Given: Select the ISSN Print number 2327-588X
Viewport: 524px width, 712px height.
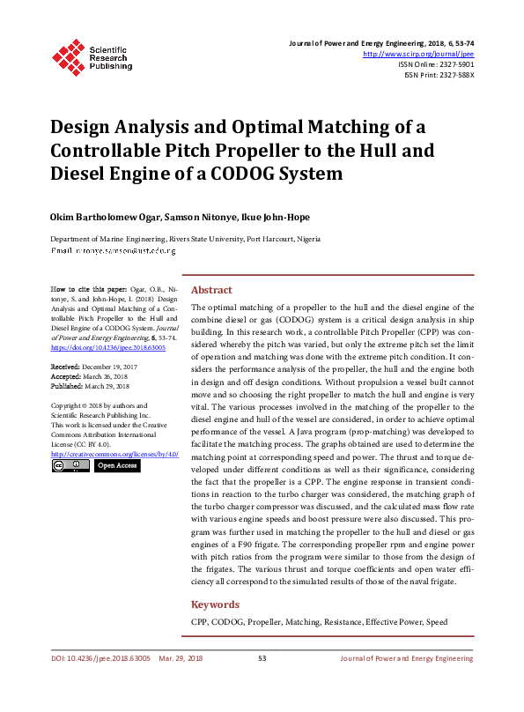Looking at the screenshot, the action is coord(452,75).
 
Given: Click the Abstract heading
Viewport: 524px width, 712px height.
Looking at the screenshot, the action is coord(211,290).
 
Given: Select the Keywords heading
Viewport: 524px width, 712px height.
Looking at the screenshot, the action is coord(216,604).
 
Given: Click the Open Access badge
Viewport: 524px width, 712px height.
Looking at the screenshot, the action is coord(116,465).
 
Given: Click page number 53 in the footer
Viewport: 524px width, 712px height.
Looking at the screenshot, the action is coord(262,657).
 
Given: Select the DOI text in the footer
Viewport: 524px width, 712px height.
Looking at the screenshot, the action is coord(100,657).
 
